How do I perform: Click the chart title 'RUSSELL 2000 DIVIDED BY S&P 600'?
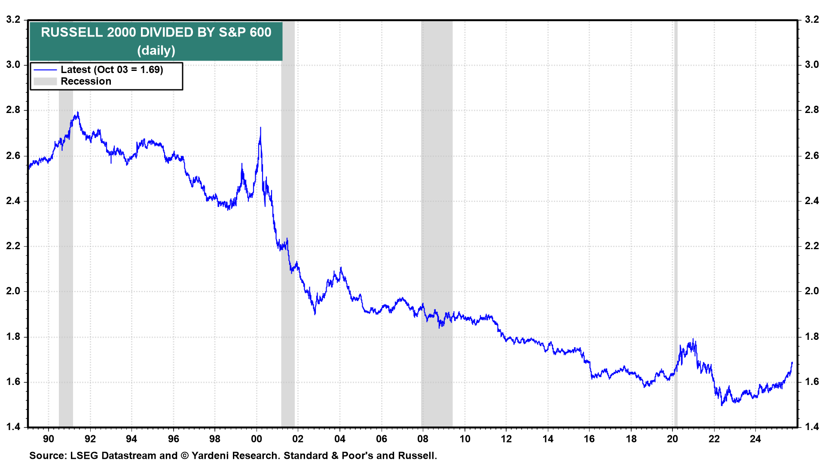click(x=156, y=32)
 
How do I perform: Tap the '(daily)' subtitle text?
click(x=156, y=50)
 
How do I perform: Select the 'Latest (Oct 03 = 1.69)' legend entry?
click(x=112, y=70)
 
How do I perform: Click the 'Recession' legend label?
click(x=86, y=81)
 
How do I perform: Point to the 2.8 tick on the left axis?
click(x=13, y=110)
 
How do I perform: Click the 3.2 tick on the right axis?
click(x=812, y=19)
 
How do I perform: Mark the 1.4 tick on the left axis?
click(x=13, y=427)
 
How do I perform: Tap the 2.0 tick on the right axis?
click(x=812, y=291)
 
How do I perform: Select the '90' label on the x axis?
click(x=49, y=439)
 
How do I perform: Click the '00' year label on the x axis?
click(x=257, y=439)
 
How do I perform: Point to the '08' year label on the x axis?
click(x=423, y=439)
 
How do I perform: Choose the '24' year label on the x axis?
click(x=755, y=439)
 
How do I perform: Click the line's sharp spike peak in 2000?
click(x=260, y=128)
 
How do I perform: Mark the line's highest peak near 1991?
click(x=78, y=113)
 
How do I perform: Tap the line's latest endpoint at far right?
click(x=792, y=363)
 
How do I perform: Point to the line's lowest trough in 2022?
click(x=722, y=405)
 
